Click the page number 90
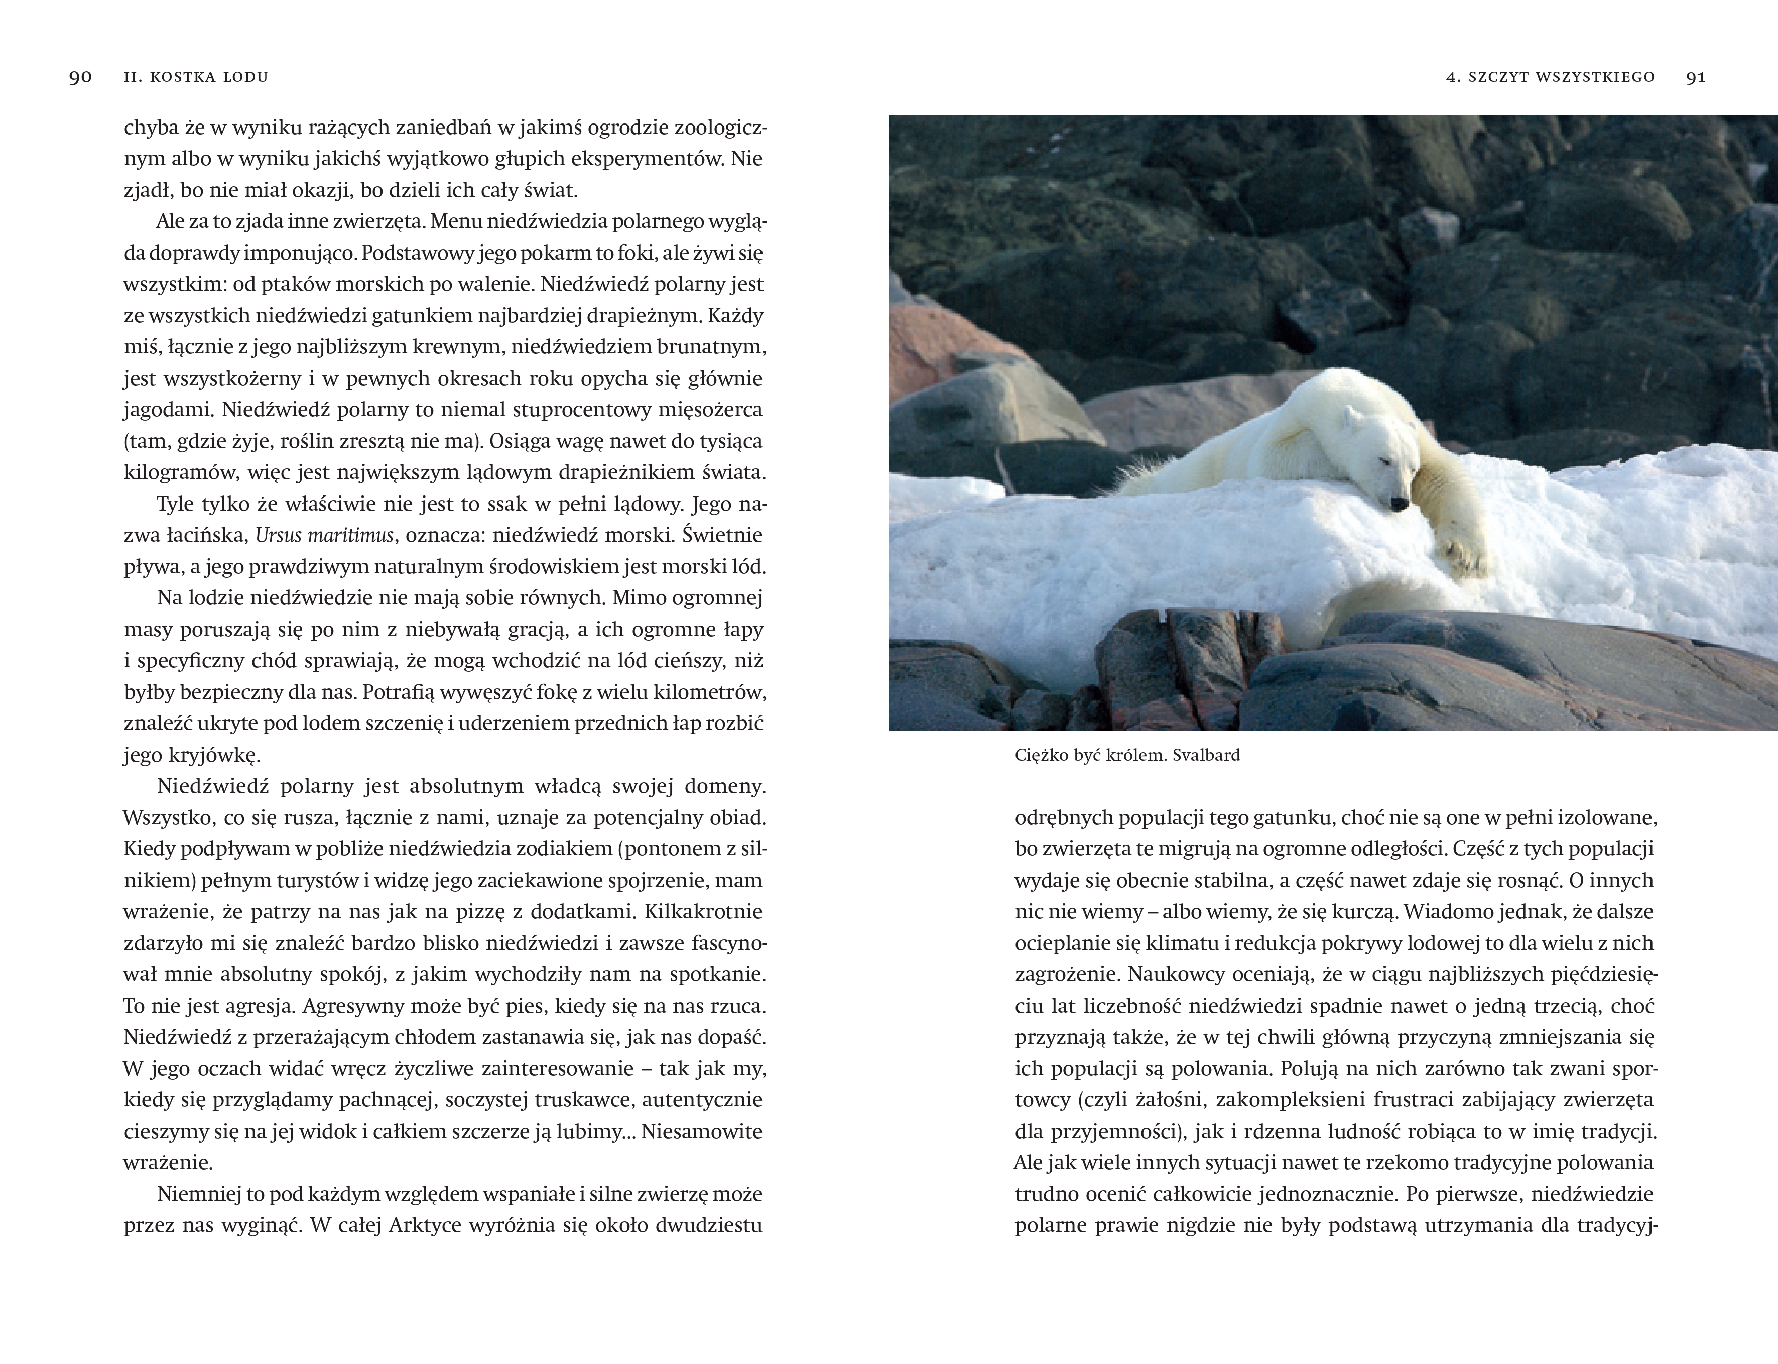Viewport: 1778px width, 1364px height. pyautogui.click(x=80, y=77)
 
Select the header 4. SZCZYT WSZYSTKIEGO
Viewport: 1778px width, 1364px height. pyautogui.click(x=1550, y=77)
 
